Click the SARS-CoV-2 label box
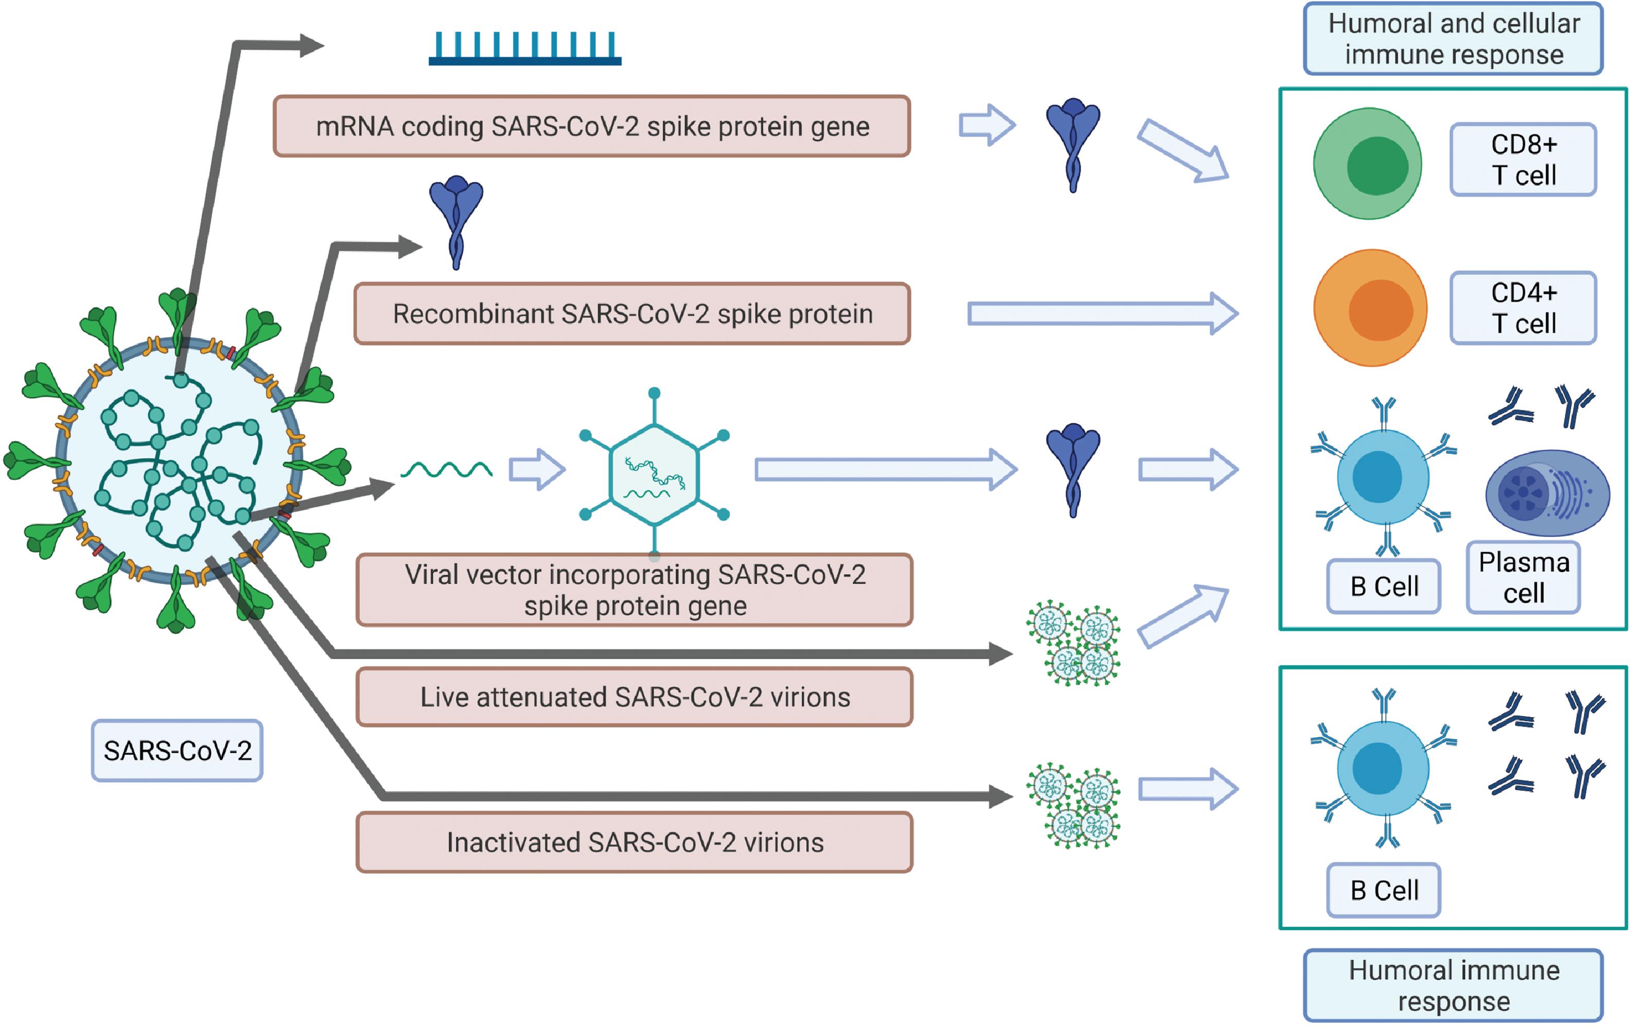(x=178, y=751)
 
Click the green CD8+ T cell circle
(x=1368, y=164)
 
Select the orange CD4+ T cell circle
(x=1370, y=308)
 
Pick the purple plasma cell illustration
(x=1548, y=493)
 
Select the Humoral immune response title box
(x=1453, y=985)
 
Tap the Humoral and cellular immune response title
(x=1453, y=39)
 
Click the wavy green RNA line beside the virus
(x=447, y=470)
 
